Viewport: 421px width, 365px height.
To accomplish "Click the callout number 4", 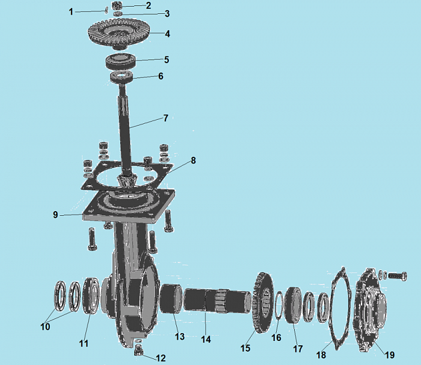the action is [168, 34].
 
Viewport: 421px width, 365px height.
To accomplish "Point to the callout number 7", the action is [166, 118].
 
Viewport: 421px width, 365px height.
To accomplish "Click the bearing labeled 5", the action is [120, 61].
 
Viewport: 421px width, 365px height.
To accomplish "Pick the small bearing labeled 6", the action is [121, 77].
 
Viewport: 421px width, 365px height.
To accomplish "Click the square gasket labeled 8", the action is [127, 176].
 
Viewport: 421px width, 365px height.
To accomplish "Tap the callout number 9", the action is [55, 215].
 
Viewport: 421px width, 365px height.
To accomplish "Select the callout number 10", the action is [45, 327].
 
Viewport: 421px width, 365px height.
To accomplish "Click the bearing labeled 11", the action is [91, 296].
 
